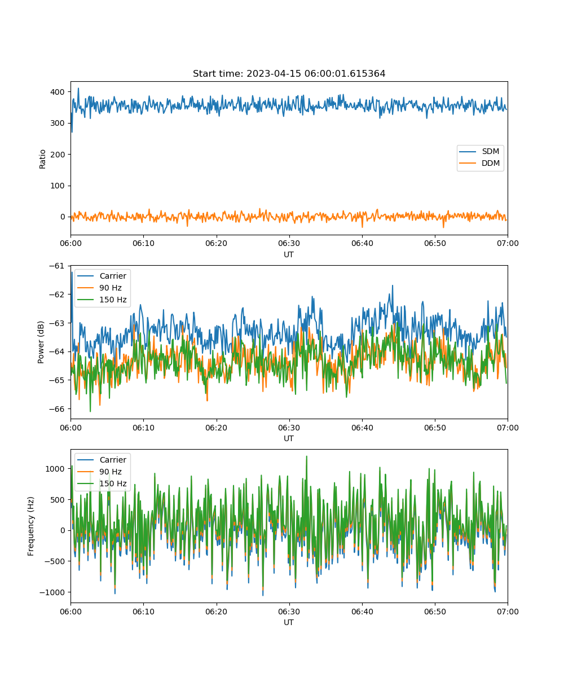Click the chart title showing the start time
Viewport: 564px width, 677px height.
click(x=289, y=73)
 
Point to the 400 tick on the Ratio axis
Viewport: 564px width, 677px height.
click(x=58, y=92)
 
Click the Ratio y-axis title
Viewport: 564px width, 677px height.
click(x=42, y=159)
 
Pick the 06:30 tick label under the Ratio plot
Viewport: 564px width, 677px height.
click(x=289, y=243)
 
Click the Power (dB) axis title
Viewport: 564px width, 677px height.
click(x=41, y=342)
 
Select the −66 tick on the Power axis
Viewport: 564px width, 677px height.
click(x=57, y=409)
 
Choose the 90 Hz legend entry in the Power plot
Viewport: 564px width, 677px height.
click(x=99, y=288)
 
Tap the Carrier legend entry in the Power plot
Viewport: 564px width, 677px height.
click(x=102, y=276)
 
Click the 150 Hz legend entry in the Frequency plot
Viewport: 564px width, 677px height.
click(x=102, y=483)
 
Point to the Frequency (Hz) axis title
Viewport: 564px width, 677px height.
click(x=30, y=526)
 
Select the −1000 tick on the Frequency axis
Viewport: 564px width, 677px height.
click(x=52, y=592)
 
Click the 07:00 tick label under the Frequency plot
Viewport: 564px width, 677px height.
click(x=508, y=612)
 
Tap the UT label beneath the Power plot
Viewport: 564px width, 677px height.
click(x=288, y=438)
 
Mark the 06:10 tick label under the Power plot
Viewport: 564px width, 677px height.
click(x=143, y=428)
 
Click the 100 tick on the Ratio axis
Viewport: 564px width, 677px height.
click(x=58, y=186)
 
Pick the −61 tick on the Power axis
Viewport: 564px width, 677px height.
click(x=57, y=266)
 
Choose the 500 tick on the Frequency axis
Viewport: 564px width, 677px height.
click(x=58, y=500)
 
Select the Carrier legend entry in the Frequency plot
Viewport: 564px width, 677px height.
click(x=102, y=460)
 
